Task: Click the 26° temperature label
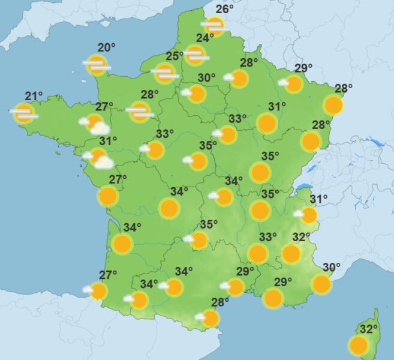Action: pos(224,9)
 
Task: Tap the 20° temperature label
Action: pos(106,48)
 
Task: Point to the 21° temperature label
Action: pos(34,96)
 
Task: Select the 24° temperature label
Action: pos(205,38)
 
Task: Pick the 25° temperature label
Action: pos(175,56)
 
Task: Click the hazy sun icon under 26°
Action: pos(214,26)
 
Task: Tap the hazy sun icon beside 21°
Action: pos(24,113)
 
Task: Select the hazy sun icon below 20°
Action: pos(97,65)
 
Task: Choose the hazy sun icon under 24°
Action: pos(195,55)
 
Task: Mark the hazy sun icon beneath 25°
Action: pos(164,73)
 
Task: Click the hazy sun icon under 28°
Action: pos(140,111)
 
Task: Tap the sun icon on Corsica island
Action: pos(359,346)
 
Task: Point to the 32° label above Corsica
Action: pos(369,329)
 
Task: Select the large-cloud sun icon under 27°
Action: pos(95,124)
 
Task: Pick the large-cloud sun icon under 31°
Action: pos(99,158)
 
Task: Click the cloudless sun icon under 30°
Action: pos(321,284)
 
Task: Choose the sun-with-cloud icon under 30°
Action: pos(195,94)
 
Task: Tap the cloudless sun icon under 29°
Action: pos(273,298)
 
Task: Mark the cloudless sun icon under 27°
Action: pos(108,196)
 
